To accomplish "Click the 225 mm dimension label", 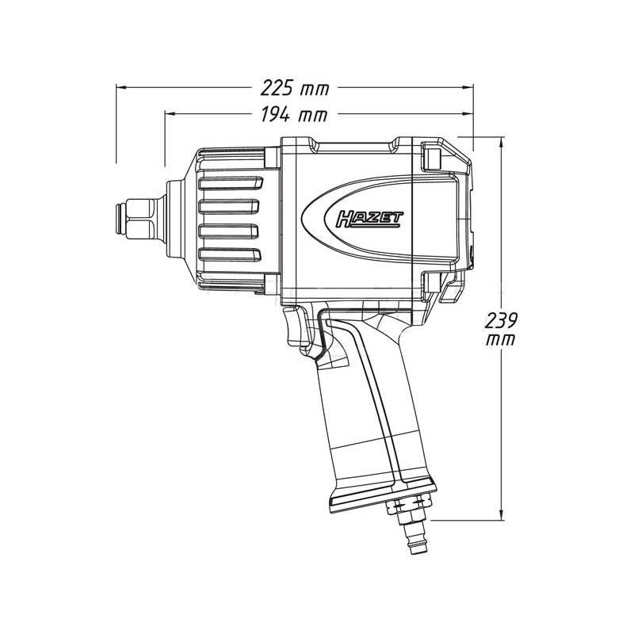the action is pyautogui.click(x=295, y=88).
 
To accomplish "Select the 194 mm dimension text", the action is pyautogui.click(x=293, y=114).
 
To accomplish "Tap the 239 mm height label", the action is pyautogui.click(x=501, y=329).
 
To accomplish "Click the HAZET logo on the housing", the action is pyautogui.click(x=369, y=220).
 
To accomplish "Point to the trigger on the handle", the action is pyautogui.click(x=298, y=329).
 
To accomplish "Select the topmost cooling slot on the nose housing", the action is pyautogui.click(x=231, y=183).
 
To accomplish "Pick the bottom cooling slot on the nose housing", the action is pyautogui.click(x=230, y=254).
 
